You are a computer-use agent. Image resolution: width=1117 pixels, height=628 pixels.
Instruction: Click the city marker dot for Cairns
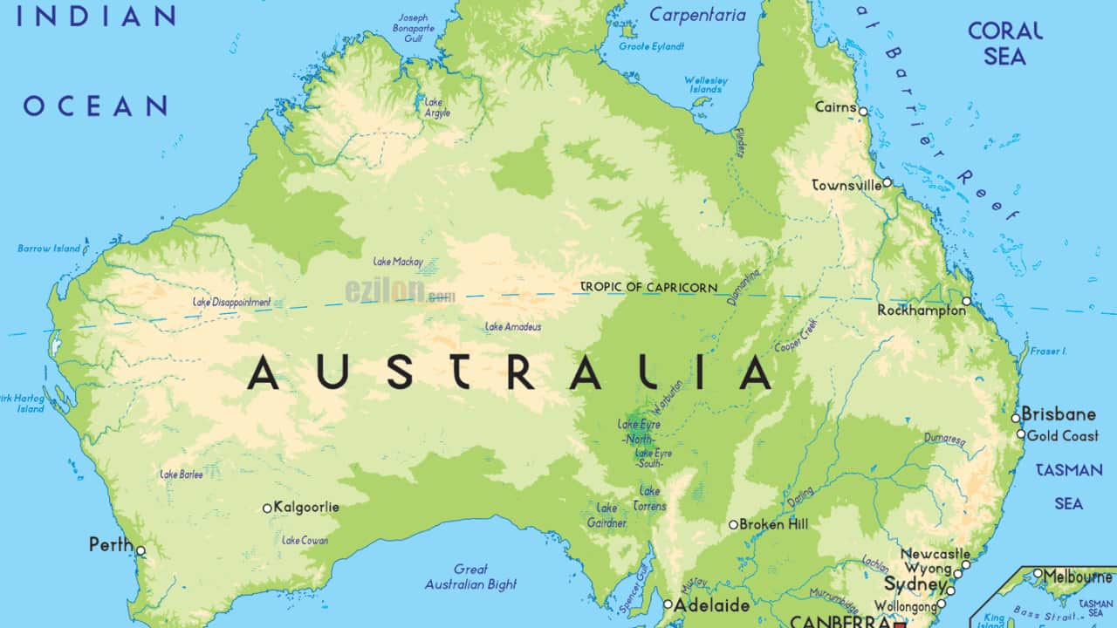[x=863, y=112]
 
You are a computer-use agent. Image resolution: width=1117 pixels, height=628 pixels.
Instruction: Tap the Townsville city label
[x=845, y=186]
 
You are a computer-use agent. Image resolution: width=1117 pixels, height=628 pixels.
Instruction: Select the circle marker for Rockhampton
[x=966, y=302]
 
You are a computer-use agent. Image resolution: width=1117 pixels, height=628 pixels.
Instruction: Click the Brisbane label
[x=1059, y=414]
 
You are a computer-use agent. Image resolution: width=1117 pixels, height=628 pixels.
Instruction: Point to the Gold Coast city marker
[x=1021, y=434]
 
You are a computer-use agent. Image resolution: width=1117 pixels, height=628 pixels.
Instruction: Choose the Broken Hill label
[x=773, y=524]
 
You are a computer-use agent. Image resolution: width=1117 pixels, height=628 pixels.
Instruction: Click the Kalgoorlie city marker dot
[x=267, y=508]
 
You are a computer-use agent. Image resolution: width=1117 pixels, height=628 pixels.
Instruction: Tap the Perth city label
[x=111, y=545]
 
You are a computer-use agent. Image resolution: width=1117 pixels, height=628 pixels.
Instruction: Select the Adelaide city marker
[x=668, y=604]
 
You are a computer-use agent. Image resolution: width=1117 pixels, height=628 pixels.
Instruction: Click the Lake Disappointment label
[x=231, y=303]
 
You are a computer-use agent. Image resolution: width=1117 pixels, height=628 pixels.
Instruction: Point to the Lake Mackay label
[x=398, y=262]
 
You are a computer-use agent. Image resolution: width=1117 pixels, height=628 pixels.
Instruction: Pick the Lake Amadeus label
[x=513, y=327]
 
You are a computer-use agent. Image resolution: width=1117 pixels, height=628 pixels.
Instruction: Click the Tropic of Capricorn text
[x=649, y=287]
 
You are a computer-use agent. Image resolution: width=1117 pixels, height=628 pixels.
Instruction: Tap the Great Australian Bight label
[x=470, y=577]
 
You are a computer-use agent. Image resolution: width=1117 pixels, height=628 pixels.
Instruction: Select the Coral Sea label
[x=1005, y=44]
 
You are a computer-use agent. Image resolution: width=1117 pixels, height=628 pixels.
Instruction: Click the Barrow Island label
[x=49, y=249]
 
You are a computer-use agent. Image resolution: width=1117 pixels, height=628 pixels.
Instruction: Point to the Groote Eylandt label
[x=651, y=46]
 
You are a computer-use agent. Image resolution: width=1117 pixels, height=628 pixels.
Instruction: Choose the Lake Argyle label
[x=436, y=107]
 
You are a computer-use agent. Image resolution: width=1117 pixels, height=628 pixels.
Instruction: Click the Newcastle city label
[x=935, y=554]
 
